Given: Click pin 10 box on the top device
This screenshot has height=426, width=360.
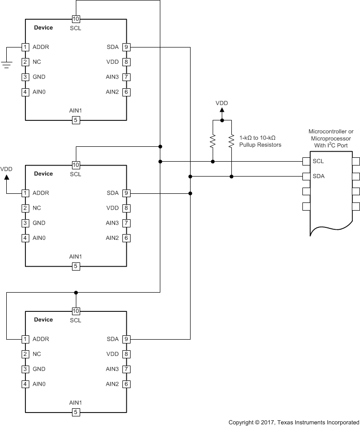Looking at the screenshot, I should [x=76, y=19].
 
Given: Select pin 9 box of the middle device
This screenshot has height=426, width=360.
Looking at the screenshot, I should [x=126, y=193].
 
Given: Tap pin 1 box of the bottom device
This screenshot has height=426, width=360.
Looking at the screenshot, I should [x=25, y=339].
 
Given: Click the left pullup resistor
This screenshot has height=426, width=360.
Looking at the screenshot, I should [x=213, y=141].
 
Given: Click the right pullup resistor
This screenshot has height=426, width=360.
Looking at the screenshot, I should [x=231, y=141].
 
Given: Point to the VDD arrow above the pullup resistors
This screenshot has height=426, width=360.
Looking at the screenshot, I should [x=222, y=111].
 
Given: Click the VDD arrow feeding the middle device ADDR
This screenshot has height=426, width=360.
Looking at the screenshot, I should [x=7, y=177].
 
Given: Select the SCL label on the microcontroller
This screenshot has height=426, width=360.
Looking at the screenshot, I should [x=318, y=161].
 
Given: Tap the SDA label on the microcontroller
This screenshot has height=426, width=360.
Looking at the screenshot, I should [x=319, y=176].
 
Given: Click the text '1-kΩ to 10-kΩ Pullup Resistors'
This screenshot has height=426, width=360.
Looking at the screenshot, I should [x=260, y=141].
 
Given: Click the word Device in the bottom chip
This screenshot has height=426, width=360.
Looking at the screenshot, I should [x=43, y=319].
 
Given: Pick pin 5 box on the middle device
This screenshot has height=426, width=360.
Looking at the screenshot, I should [x=76, y=266].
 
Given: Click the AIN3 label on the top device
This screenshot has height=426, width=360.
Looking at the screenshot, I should [x=112, y=77].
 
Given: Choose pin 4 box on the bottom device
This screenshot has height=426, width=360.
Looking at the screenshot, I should [x=25, y=384].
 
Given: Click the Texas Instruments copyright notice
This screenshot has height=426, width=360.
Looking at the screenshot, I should [x=293, y=422].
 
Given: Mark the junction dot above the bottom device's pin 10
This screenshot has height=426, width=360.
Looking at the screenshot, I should [x=76, y=292].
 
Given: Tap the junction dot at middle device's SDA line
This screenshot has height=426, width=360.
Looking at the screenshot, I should [x=191, y=193].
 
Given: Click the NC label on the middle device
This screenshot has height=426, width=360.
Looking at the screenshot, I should [x=36, y=208].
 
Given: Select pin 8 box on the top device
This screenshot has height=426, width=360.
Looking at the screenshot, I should [x=126, y=62].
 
